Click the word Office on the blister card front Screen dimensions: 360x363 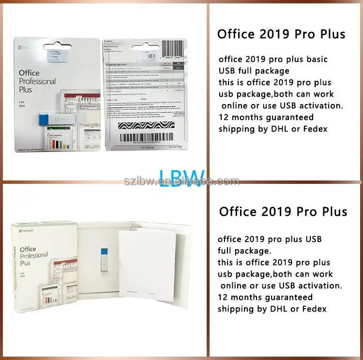(x=29, y=73)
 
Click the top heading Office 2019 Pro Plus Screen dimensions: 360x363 (x=281, y=34)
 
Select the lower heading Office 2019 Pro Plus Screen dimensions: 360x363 (x=283, y=211)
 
